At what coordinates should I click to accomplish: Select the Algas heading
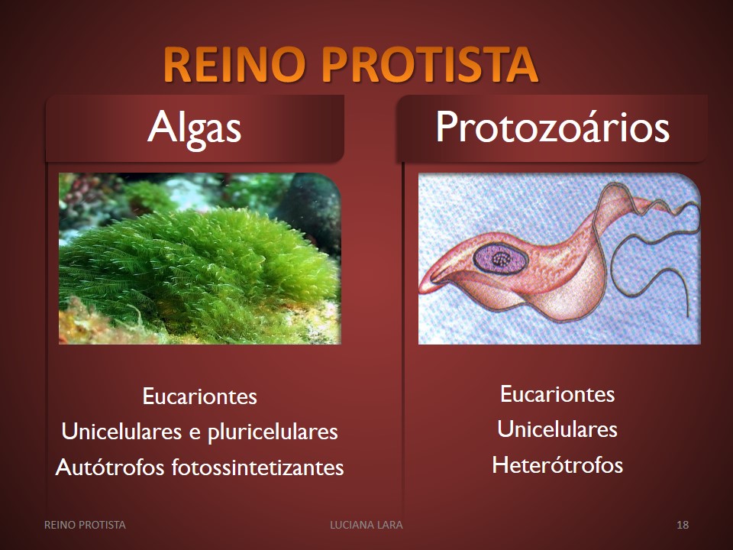(195, 128)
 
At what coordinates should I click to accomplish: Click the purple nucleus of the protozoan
(500, 257)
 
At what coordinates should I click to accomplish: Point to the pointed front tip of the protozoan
(421, 288)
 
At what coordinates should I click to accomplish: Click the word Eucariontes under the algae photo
(199, 396)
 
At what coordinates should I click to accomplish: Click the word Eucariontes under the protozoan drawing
(557, 394)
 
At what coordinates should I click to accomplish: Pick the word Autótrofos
(110, 467)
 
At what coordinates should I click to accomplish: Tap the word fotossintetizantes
(257, 467)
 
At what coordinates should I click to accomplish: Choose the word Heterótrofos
(557, 465)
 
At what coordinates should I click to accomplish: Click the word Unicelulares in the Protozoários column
(557, 429)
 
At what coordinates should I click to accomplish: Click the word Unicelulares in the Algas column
(121, 431)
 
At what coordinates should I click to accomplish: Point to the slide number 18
(683, 525)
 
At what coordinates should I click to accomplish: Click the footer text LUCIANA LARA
(366, 525)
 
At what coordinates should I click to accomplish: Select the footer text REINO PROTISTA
(85, 525)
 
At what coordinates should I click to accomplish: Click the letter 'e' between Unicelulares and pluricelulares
(195, 433)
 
